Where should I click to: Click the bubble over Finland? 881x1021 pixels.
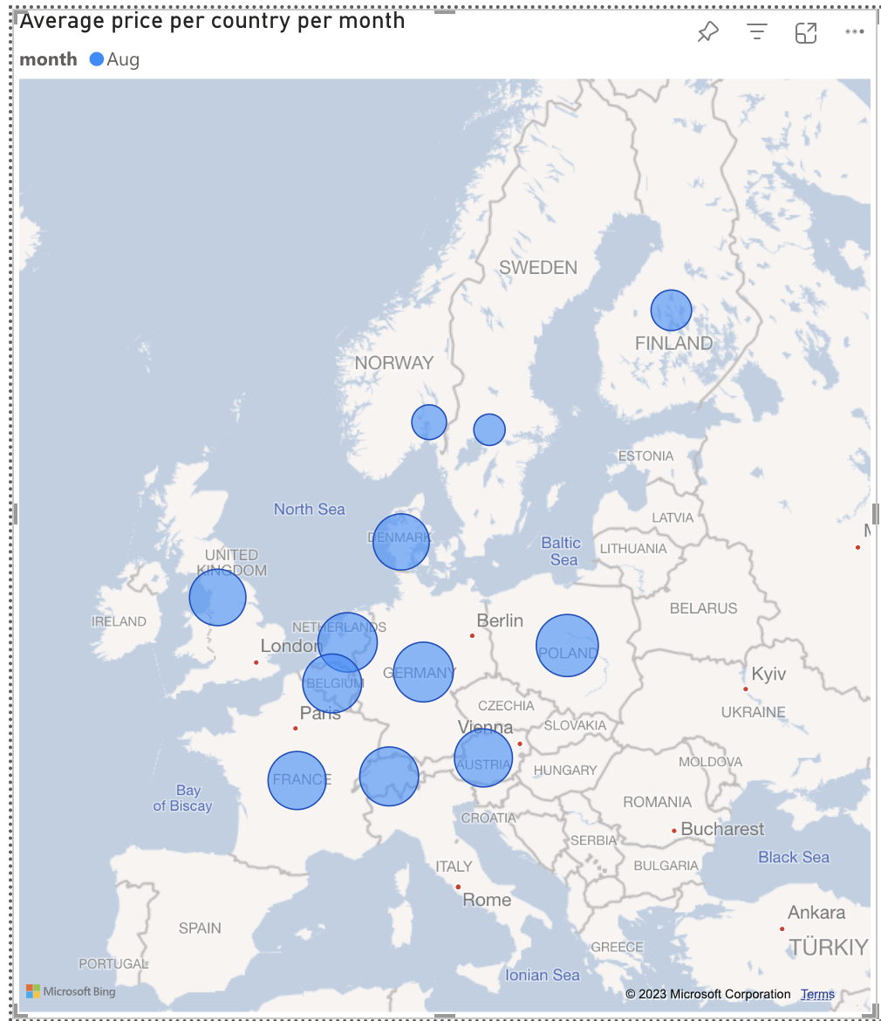(x=671, y=310)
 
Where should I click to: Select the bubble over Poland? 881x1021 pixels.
(x=567, y=646)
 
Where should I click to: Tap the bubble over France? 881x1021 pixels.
(x=297, y=780)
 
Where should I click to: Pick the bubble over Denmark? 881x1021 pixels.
(x=401, y=542)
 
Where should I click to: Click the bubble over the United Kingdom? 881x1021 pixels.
(x=217, y=598)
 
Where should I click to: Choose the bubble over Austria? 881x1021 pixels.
(x=483, y=757)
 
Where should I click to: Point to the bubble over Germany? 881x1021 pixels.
(x=424, y=672)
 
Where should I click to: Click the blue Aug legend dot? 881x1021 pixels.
(x=97, y=59)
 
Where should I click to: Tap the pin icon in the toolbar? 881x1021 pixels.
(x=707, y=33)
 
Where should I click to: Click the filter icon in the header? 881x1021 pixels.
(x=756, y=33)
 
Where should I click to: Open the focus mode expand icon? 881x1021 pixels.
(x=806, y=33)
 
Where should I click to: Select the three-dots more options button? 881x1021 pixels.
(x=855, y=32)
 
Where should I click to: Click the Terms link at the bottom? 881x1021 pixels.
(x=817, y=994)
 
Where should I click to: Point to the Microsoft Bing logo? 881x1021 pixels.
(x=71, y=991)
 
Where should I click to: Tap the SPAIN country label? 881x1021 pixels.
(x=200, y=928)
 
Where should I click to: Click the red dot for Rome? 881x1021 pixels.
(x=458, y=887)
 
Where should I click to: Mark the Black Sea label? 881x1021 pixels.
(x=794, y=857)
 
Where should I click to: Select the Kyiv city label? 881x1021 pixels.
(x=768, y=674)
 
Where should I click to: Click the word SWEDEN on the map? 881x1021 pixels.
(x=538, y=268)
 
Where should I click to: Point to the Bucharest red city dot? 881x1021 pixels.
(x=674, y=831)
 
